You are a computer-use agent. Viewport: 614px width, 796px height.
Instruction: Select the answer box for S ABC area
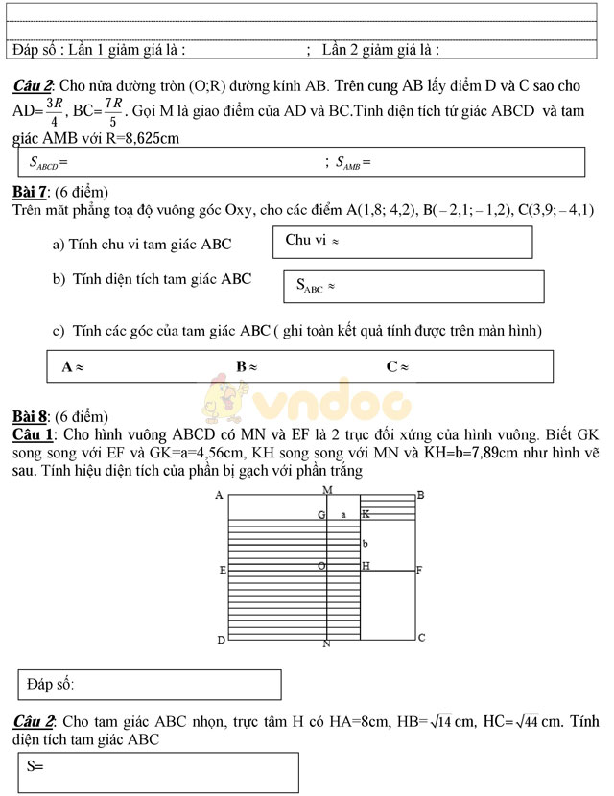(x=414, y=287)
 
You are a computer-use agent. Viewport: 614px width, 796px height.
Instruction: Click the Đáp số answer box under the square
(x=151, y=685)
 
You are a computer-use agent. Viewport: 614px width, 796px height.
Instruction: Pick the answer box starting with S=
(x=158, y=771)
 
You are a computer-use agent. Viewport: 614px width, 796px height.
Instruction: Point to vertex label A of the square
(x=220, y=496)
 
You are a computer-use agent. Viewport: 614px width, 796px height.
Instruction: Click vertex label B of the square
(x=420, y=496)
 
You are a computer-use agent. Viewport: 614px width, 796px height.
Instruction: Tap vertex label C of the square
(x=421, y=637)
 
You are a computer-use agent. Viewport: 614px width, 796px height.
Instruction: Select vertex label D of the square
(x=221, y=639)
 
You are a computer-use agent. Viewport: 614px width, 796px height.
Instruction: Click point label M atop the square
(x=327, y=491)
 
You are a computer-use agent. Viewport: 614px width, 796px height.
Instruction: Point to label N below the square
(x=326, y=644)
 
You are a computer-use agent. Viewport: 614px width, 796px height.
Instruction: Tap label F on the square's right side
(x=419, y=570)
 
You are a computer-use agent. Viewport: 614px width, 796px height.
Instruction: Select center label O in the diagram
(x=321, y=566)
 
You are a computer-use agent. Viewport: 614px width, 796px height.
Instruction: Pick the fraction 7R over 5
(x=113, y=112)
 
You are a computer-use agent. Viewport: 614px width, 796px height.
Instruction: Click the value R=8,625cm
(x=145, y=138)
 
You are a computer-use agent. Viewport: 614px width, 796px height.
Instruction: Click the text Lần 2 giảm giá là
(x=380, y=49)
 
